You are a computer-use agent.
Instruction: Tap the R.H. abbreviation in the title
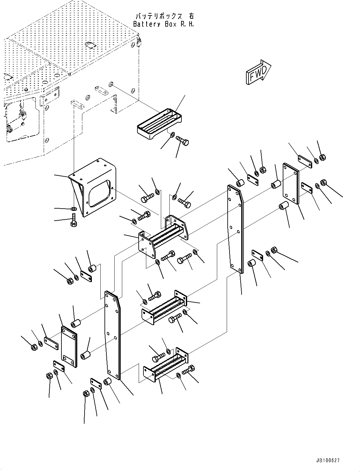(x=187, y=24)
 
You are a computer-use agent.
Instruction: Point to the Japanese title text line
(x=165, y=16)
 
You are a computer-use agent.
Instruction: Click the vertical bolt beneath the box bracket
(x=73, y=221)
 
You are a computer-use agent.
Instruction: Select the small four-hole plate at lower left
(x=69, y=347)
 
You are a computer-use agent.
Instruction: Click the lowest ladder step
(x=165, y=366)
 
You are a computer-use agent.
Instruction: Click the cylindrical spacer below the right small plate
(x=283, y=207)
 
